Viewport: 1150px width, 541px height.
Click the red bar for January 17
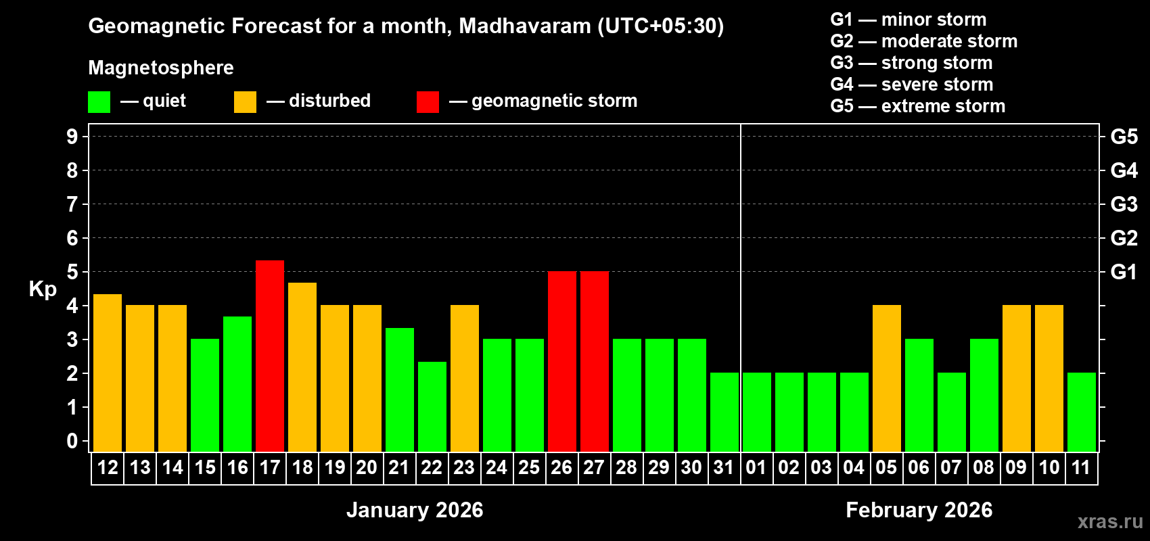270,356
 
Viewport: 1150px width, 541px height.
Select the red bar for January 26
562,361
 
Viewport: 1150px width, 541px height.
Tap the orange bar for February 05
887,378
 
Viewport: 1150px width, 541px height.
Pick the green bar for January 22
432,406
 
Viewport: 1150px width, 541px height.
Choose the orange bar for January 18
302,367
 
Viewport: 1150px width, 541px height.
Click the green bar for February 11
1082,412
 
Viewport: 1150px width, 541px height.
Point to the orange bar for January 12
108,373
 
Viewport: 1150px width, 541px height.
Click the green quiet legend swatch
99,102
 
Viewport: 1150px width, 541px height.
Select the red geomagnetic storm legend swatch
428,102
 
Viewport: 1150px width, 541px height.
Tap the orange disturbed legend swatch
245,102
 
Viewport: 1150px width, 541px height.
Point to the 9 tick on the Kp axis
72,137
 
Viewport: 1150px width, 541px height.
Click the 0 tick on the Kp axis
72,441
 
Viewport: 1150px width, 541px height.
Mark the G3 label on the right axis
1124,204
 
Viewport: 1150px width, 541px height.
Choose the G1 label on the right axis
1124,272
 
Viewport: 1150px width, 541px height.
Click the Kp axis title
43,289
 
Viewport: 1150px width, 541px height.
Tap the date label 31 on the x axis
724,467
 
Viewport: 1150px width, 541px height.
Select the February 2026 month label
919,510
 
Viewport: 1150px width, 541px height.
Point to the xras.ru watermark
1110,521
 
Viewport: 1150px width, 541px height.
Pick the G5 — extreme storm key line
917,106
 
